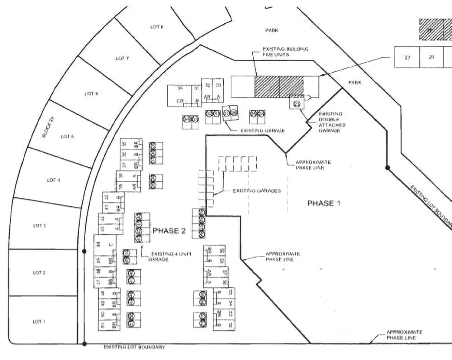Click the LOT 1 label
coord(39,321)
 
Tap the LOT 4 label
coord(53,180)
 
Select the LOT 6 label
coord(91,93)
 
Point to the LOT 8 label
coord(157,27)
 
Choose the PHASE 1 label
coord(324,203)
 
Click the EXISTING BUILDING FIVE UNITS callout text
coord(285,52)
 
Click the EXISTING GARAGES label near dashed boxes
coord(257,191)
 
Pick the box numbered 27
coord(407,57)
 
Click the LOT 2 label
coord(39,273)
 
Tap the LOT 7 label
coord(122,58)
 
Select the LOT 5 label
coord(67,136)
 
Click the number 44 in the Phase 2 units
coord(99,245)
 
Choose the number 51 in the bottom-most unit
coord(103,325)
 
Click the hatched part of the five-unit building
coord(279,86)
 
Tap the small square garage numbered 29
coord(296,104)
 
